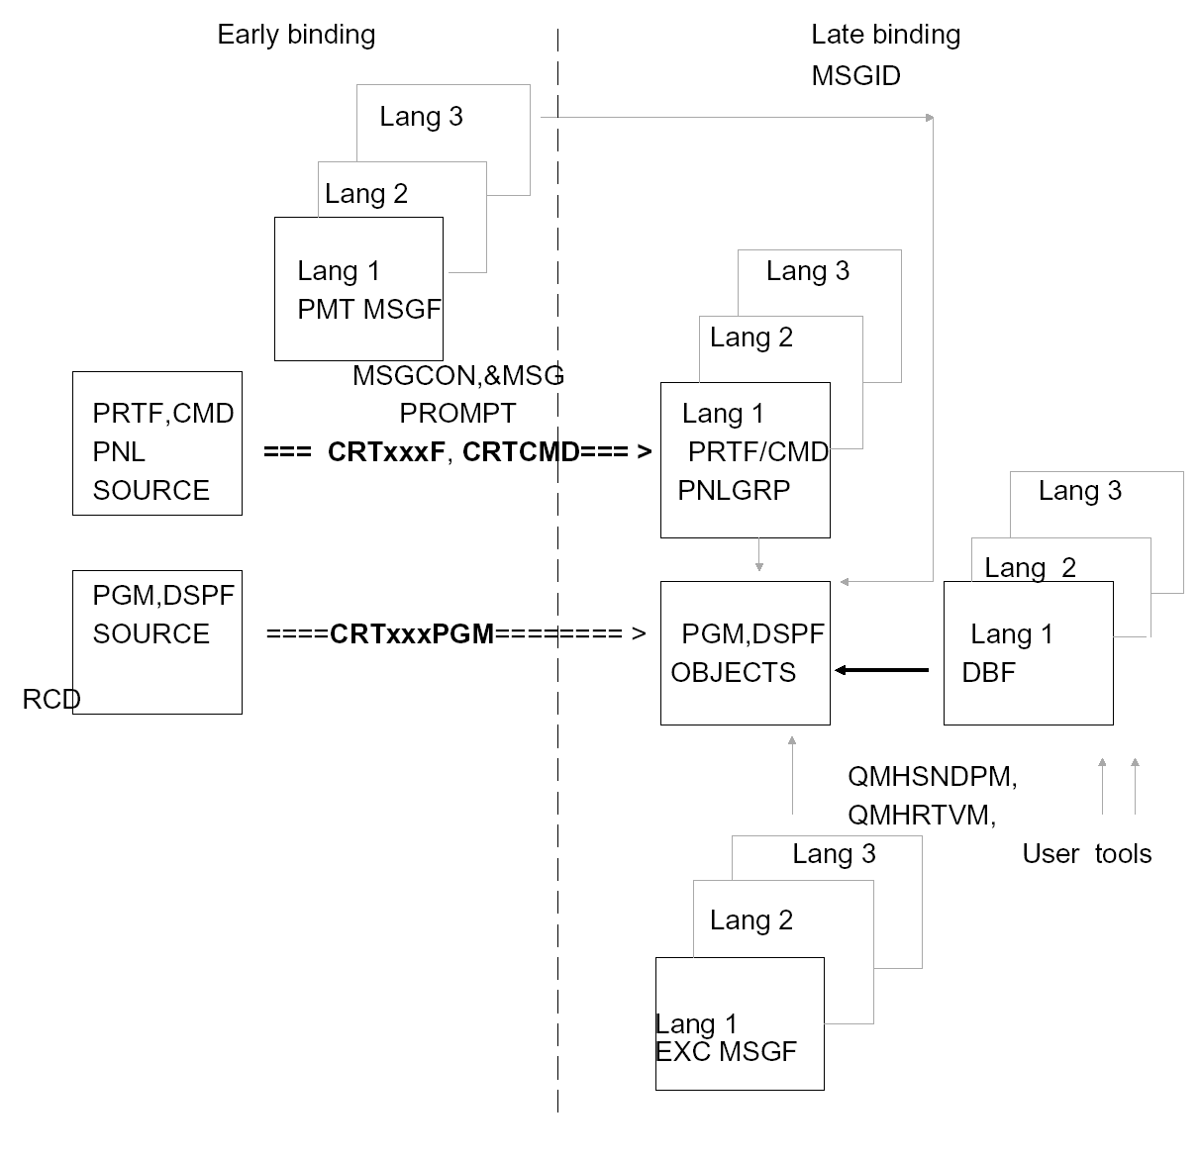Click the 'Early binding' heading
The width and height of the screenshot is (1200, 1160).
296,35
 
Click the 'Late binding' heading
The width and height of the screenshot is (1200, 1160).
885,35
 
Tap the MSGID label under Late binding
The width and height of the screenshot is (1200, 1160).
855,76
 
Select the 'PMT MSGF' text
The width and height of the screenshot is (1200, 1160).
368,309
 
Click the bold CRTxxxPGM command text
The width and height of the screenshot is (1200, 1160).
412,633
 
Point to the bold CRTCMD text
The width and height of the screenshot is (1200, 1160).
521,451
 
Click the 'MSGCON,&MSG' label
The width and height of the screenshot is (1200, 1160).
457,375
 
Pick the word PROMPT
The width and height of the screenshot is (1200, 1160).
457,413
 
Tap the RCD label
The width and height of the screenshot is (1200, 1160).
50,700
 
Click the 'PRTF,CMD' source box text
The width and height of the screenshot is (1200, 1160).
163,413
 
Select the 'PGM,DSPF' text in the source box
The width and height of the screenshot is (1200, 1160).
163,595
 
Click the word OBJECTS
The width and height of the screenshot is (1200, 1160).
733,673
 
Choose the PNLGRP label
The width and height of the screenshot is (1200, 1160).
734,490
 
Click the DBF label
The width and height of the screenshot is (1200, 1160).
988,673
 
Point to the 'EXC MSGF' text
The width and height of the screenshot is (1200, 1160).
726,1051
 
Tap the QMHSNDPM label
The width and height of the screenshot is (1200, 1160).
932,777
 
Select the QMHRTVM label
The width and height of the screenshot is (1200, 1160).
921,816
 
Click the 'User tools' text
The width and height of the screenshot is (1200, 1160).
1086,854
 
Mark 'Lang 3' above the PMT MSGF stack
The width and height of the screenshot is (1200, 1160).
421,117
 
